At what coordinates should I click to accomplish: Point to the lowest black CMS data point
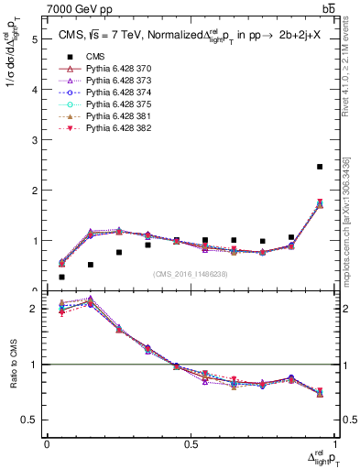point(61,277)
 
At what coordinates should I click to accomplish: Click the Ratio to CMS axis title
point(13,365)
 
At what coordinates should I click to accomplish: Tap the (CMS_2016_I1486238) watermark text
point(190,274)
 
